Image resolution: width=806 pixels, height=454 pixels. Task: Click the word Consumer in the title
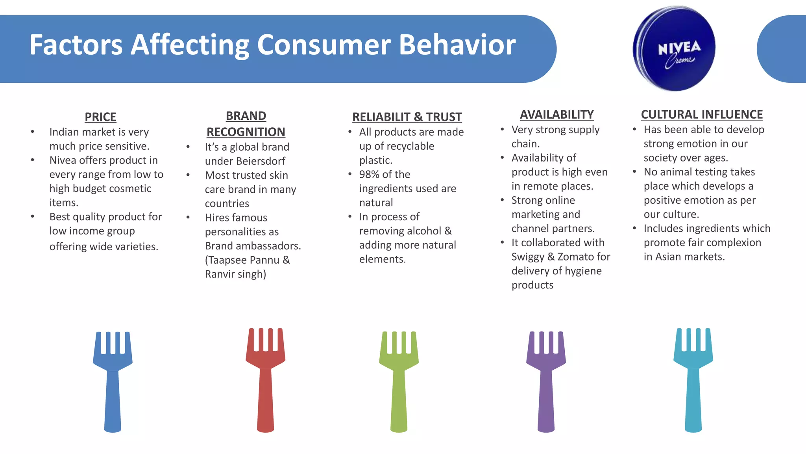point(324,45)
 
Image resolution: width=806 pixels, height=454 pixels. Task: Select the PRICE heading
point(100,117)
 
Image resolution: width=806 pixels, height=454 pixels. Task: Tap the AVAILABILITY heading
point(556,115)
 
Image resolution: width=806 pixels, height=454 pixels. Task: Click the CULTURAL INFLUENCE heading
point(702,115)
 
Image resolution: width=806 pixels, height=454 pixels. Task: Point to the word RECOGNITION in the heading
point(246,132)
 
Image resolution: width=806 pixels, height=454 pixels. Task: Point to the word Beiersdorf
point(261,161)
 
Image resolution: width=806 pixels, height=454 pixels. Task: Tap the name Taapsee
point(228,260)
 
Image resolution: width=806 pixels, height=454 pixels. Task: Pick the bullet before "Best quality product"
point(33,217)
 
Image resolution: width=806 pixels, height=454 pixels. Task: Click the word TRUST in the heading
point(444,117)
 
